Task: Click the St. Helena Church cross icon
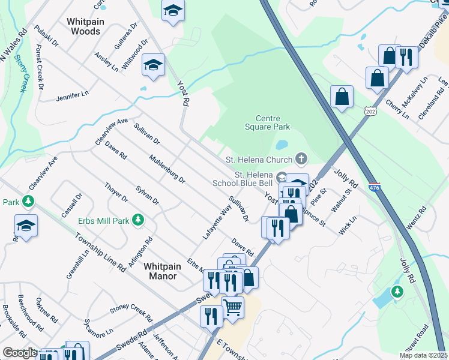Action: pyautogui.click(x=301, y=159)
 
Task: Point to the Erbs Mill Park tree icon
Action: pyautogui.click(x=139, y=220)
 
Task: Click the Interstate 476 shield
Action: pyautogui.click(x=375, y=187)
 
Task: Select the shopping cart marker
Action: pyautogui.click(x=233, y=308)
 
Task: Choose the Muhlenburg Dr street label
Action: pyautogui.click(x=167, y=169)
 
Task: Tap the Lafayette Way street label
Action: pyautogui.click(x=217, y=223)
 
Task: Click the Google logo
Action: pyautogui.click(x=20, y=353)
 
